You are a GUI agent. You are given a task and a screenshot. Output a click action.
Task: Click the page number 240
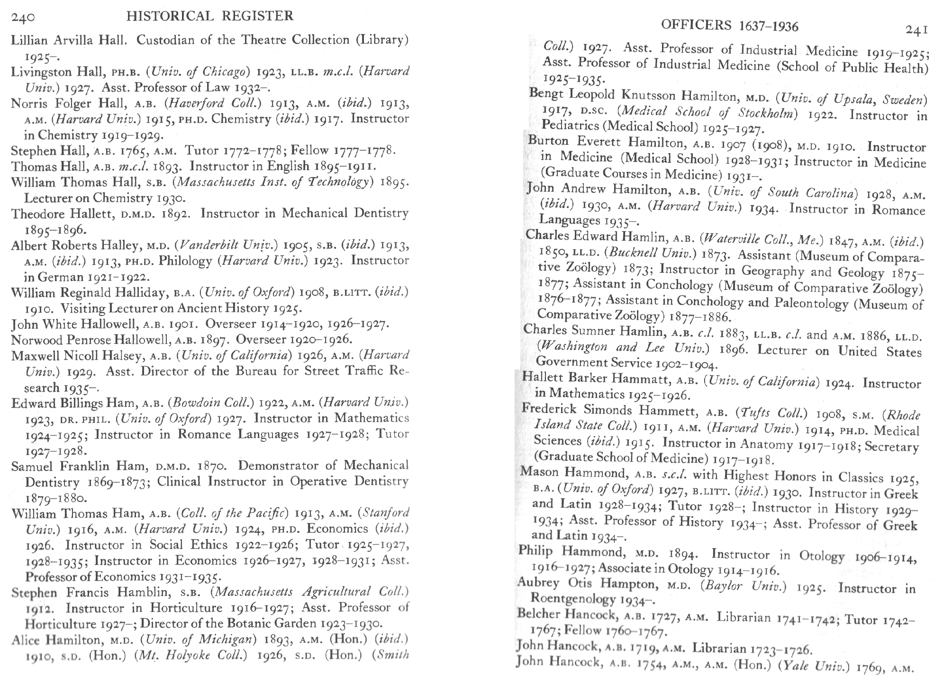(23, 18)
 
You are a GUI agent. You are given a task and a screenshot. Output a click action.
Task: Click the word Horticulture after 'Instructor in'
(186, 608)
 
